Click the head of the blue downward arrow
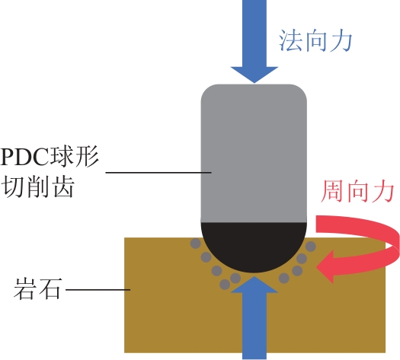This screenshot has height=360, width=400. pyautogui.click(x=254, y=75)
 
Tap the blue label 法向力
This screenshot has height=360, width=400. pyautogui.click(x=315, y=41)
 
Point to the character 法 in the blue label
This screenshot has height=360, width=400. pyautogui.click(x=290, y=41)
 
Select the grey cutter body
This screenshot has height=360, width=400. pyautogui.click(x=254, y=153)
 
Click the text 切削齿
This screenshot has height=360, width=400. pyautogui.click(x=38, y=186)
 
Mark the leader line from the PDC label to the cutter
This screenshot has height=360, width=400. pyautogui.click(x=158, y=173)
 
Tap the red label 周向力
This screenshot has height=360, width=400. pyautogui.click(x=357, y=191)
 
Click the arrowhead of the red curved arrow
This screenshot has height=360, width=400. pyautogui.click(x=325, y=266)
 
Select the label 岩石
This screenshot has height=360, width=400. pyautogui.click(x=38, y=288)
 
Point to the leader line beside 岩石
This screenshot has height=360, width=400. pyautogui.click(x=98, y=290)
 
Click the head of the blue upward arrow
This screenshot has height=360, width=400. pyautogui.click(x=254, y=285)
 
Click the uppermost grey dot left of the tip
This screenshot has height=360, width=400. pyautogui.click(x=196, y=244)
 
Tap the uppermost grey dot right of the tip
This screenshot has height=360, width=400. pyautogui.click(x=310, y=247)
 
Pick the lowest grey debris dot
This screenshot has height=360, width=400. pyautogui.click(x=225, y=285)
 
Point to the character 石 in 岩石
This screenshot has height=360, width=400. pyautogui.click(x=50, y=288)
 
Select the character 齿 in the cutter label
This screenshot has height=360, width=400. pyautogui.click(x=62, y=186)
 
